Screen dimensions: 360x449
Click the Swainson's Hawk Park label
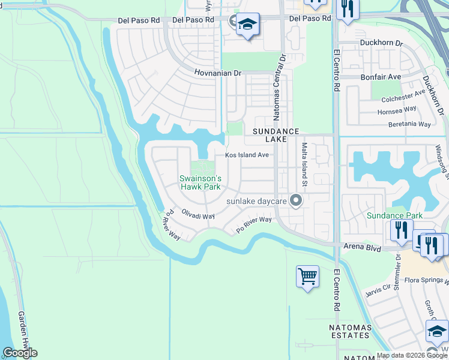tap(200, 182)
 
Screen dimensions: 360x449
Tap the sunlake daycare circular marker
tap(295, 201)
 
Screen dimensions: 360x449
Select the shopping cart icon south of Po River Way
tap(307, 277)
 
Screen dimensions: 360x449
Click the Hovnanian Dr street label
tap(217, 73)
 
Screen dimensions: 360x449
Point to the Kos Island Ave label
tap(247, 155)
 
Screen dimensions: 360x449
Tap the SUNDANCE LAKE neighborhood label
tap(276, 134)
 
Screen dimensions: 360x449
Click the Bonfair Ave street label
tap(381, 77)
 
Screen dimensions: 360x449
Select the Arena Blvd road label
tap(363, 246)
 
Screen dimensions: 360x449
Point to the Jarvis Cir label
tap(378, 291)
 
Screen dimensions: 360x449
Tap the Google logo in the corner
tap(20, 353)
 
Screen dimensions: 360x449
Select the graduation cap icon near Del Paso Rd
tap(247, 25)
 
